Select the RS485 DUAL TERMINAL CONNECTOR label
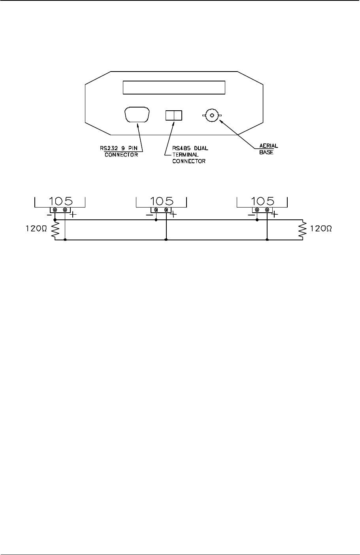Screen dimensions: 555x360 coord(189,155)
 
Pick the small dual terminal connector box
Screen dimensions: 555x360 coord(173,115)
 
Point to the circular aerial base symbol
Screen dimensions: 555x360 coord(212,115)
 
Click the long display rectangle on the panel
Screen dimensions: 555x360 coord(174,87)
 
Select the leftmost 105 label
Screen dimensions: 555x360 coord(60,200)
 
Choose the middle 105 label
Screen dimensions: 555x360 coord(161,200)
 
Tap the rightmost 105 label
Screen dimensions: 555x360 coord(262,200)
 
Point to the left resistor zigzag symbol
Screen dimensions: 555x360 coord(55,230)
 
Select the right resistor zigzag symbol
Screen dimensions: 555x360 coord(303,230)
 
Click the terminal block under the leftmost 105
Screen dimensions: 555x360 coord(60,210)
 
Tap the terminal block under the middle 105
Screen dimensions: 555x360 coord(161,210)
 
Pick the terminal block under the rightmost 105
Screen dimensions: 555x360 coord(262,210)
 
